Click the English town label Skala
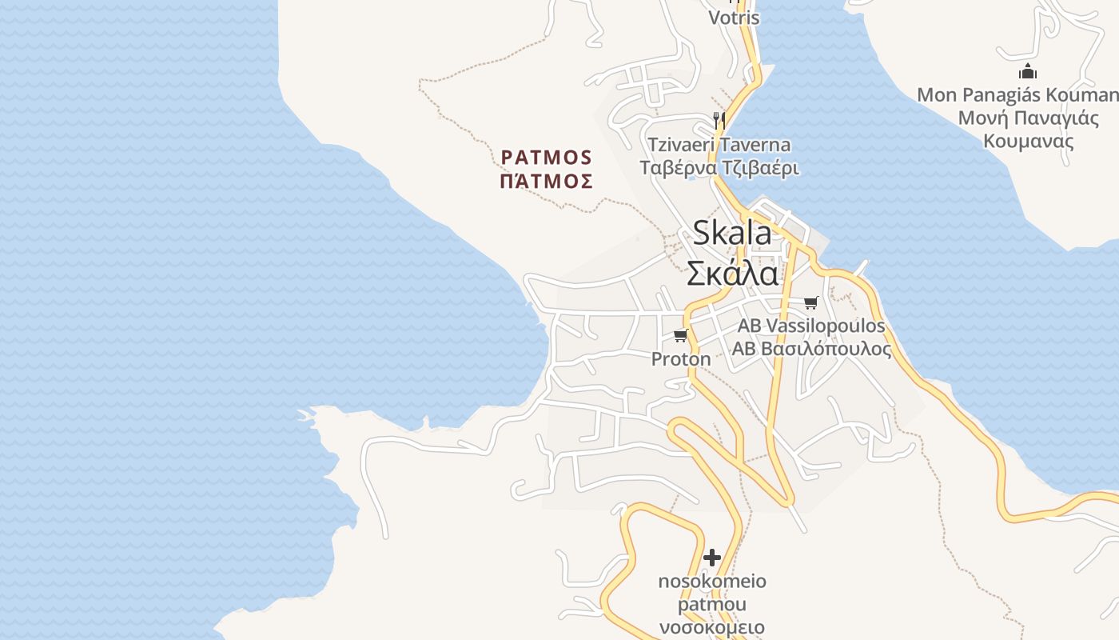click(732, 233)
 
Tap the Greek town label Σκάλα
click(732, 274)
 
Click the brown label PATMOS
click(547, 157)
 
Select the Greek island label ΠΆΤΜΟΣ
click(547, 182)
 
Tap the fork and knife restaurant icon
click(719, 120)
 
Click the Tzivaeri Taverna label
click(719, 145)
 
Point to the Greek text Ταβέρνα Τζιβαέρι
click(719, 169)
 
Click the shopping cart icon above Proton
click(680, 335)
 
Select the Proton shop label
click(681, 359)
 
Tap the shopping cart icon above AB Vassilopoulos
click(811, 302)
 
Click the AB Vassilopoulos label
click(811, 326)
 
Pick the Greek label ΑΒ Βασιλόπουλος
click(811, 350)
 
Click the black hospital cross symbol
click(712, 557)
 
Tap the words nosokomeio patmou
click(712, 592)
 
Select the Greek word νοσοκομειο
click(712, 627)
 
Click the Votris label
click(734, 17)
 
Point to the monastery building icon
click(1028, 71)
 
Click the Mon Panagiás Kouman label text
click(1017, 95)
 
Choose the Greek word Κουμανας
click(1028, 142)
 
